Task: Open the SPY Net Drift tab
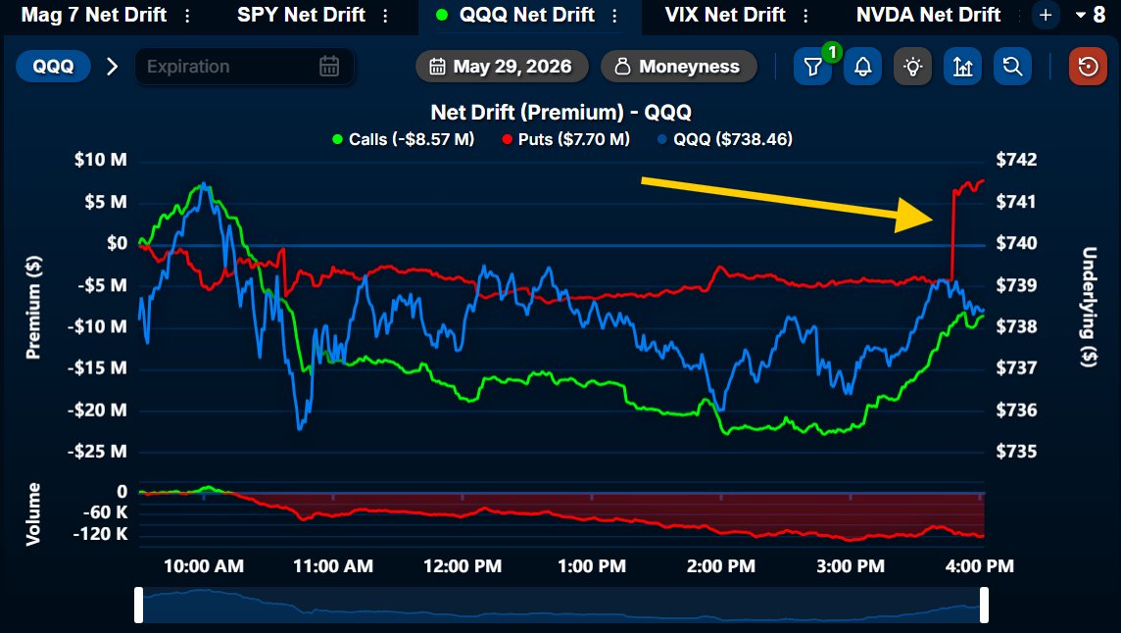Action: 301,15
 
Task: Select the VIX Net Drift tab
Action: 725,15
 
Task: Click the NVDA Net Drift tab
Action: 928,15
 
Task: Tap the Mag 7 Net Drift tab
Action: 94,15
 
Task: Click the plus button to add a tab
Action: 1046,15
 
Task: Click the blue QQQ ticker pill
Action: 53,67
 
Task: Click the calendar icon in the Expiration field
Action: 329,67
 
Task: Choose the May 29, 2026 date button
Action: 502,67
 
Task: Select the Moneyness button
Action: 678,67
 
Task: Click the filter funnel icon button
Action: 813,67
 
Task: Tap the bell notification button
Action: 863,67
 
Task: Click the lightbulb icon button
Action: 913,67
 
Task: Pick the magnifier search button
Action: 1012,67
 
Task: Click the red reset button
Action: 1088,67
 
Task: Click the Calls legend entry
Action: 403,139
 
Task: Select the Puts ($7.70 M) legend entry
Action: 565,139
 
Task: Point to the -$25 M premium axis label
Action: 99,452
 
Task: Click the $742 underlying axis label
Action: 1016,160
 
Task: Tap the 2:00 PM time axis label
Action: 720,566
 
